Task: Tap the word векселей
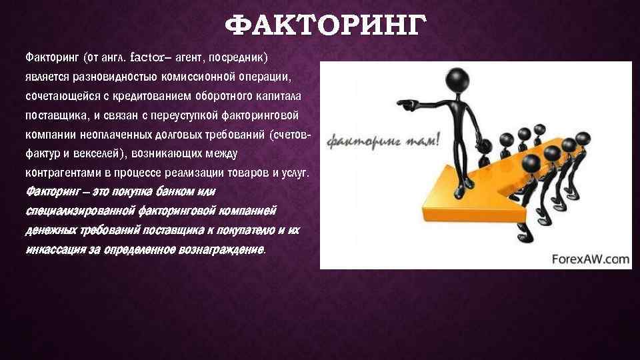pos(97,154)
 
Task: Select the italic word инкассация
pos(51,251)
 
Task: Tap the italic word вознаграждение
pos(220,251)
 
